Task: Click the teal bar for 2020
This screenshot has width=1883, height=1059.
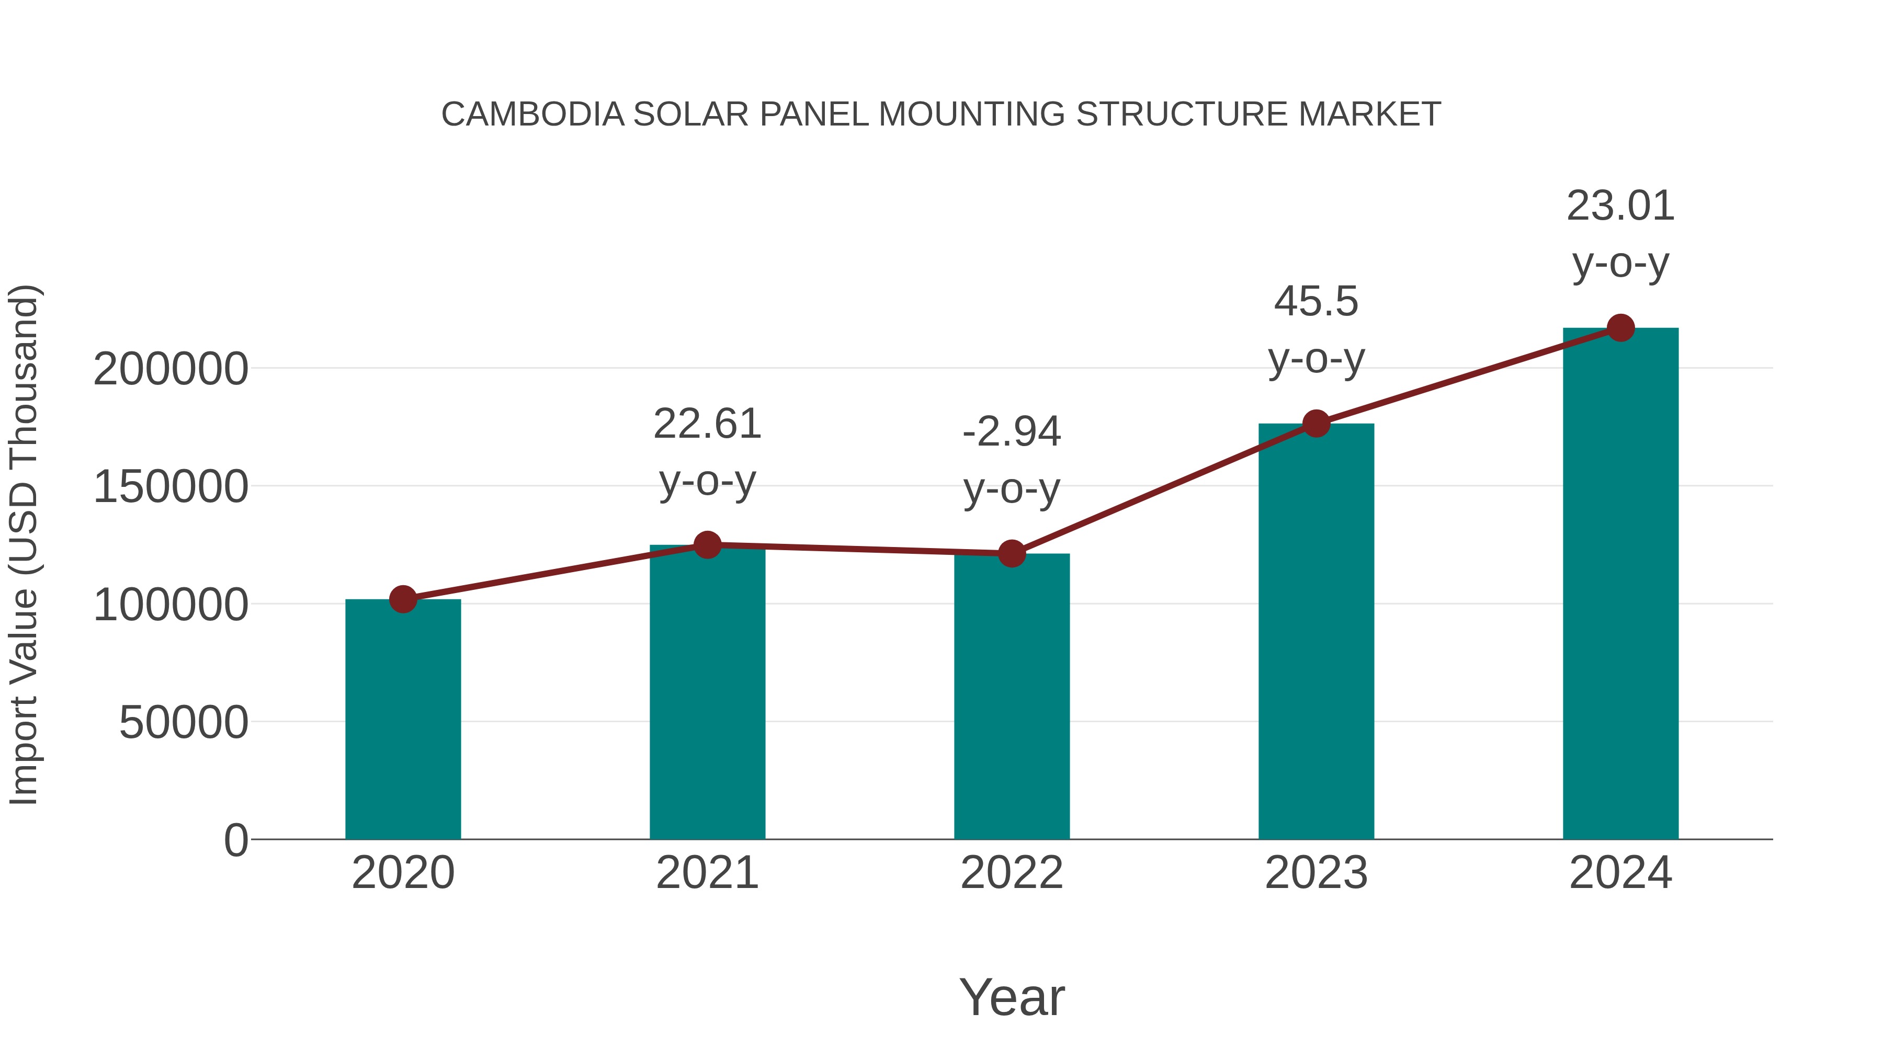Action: (403, 720)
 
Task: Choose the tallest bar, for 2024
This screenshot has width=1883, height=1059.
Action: (1620, 584)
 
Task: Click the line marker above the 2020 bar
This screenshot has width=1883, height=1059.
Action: (403, 599)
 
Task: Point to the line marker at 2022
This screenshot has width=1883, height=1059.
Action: (1012, 554)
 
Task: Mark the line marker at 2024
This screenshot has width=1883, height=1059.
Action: (1620, 328)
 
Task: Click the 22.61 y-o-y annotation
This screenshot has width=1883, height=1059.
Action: (707, 452)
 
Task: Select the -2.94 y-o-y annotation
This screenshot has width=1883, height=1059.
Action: (1012, 460)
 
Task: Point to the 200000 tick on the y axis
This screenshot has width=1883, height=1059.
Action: (171, 369)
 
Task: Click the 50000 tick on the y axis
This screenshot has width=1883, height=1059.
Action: (184, 723)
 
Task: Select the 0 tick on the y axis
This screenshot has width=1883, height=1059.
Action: (236, 840)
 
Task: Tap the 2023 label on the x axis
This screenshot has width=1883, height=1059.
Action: (1316, 873)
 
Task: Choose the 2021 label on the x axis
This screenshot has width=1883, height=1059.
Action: (707, 873)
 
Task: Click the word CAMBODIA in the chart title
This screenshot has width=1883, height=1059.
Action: (533, 115)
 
